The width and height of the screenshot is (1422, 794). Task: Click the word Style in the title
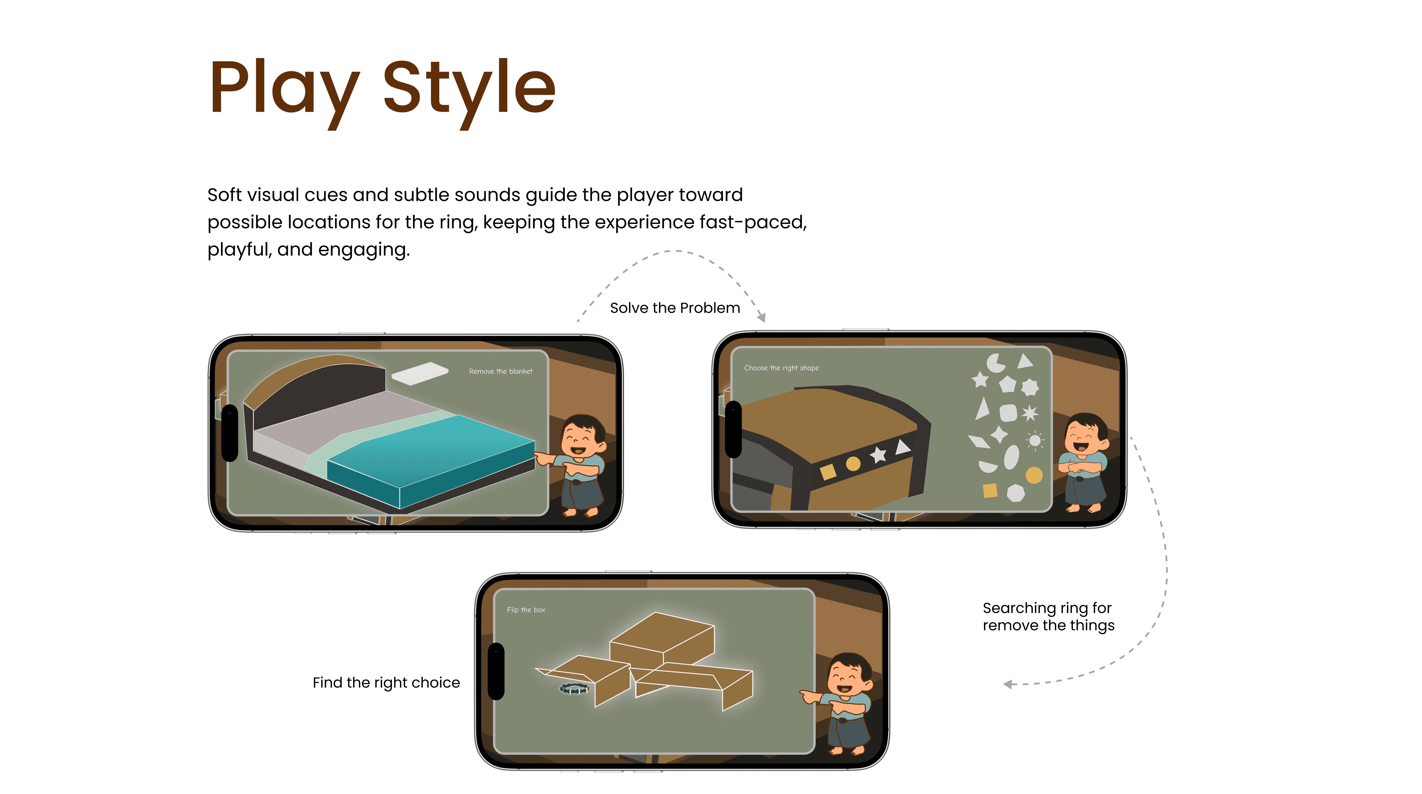click(469, 91)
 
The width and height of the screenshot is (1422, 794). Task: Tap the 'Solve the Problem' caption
click(675, 308)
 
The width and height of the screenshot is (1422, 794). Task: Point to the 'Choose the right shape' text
click(781, 368)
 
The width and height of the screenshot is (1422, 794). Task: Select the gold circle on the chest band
click(853, 464)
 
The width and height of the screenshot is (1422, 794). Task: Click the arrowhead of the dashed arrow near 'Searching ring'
click(1008, 685)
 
